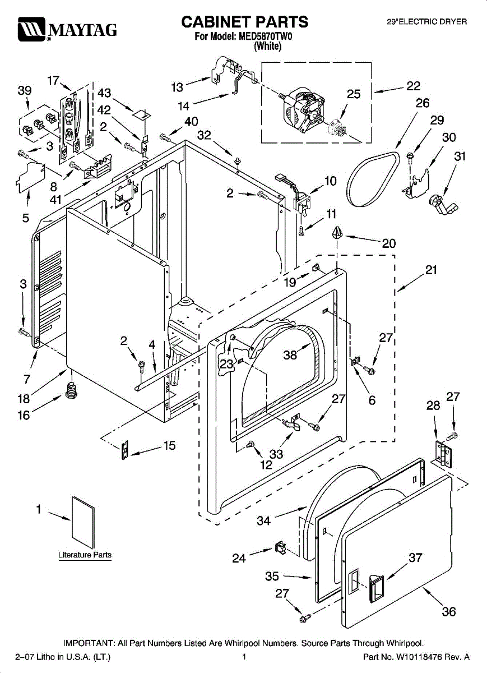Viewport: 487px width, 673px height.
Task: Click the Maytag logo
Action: pyautogui.click(x=67, y=29)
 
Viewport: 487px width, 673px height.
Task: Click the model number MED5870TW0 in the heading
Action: pyautogui.click(x=266, y=36)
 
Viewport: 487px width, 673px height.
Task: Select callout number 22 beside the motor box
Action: pyautogui.click(x=414, y=86)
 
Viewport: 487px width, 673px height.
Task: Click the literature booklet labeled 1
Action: pyautogui.click(x=83, y=523)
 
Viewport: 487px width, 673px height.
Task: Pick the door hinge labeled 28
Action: pyautogui.click(x=443, y=455)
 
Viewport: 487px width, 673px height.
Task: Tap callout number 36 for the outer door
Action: pyautogui.click(x=449, y=612)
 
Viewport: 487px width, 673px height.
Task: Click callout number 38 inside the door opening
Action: pyautogui.click(x=290, y=355)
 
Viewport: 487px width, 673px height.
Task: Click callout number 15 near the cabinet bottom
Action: pyautogui.click(x=169, y=445)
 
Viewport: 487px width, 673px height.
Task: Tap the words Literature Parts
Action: pyautogui.click(x=85, y=555)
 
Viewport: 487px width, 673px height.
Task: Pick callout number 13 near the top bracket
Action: pyautogui.click(x=177, y=87)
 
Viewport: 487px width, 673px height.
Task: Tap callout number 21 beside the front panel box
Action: pyautogui.click(x=431, y=270)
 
